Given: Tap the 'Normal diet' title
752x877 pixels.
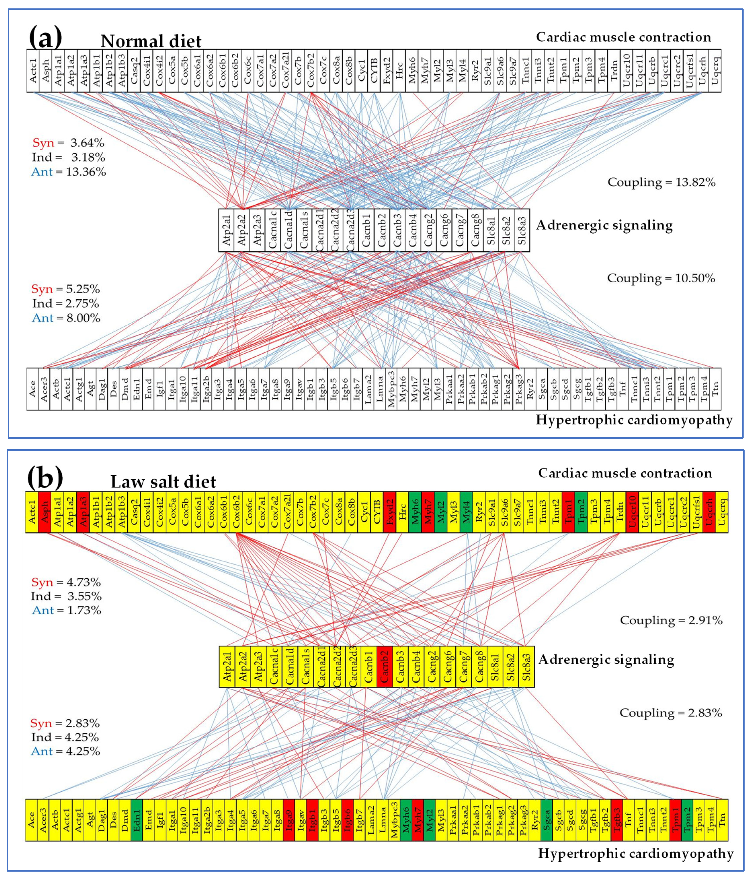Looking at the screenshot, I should tap(151, 41).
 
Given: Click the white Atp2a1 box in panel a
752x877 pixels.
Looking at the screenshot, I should tap(226, 230).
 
